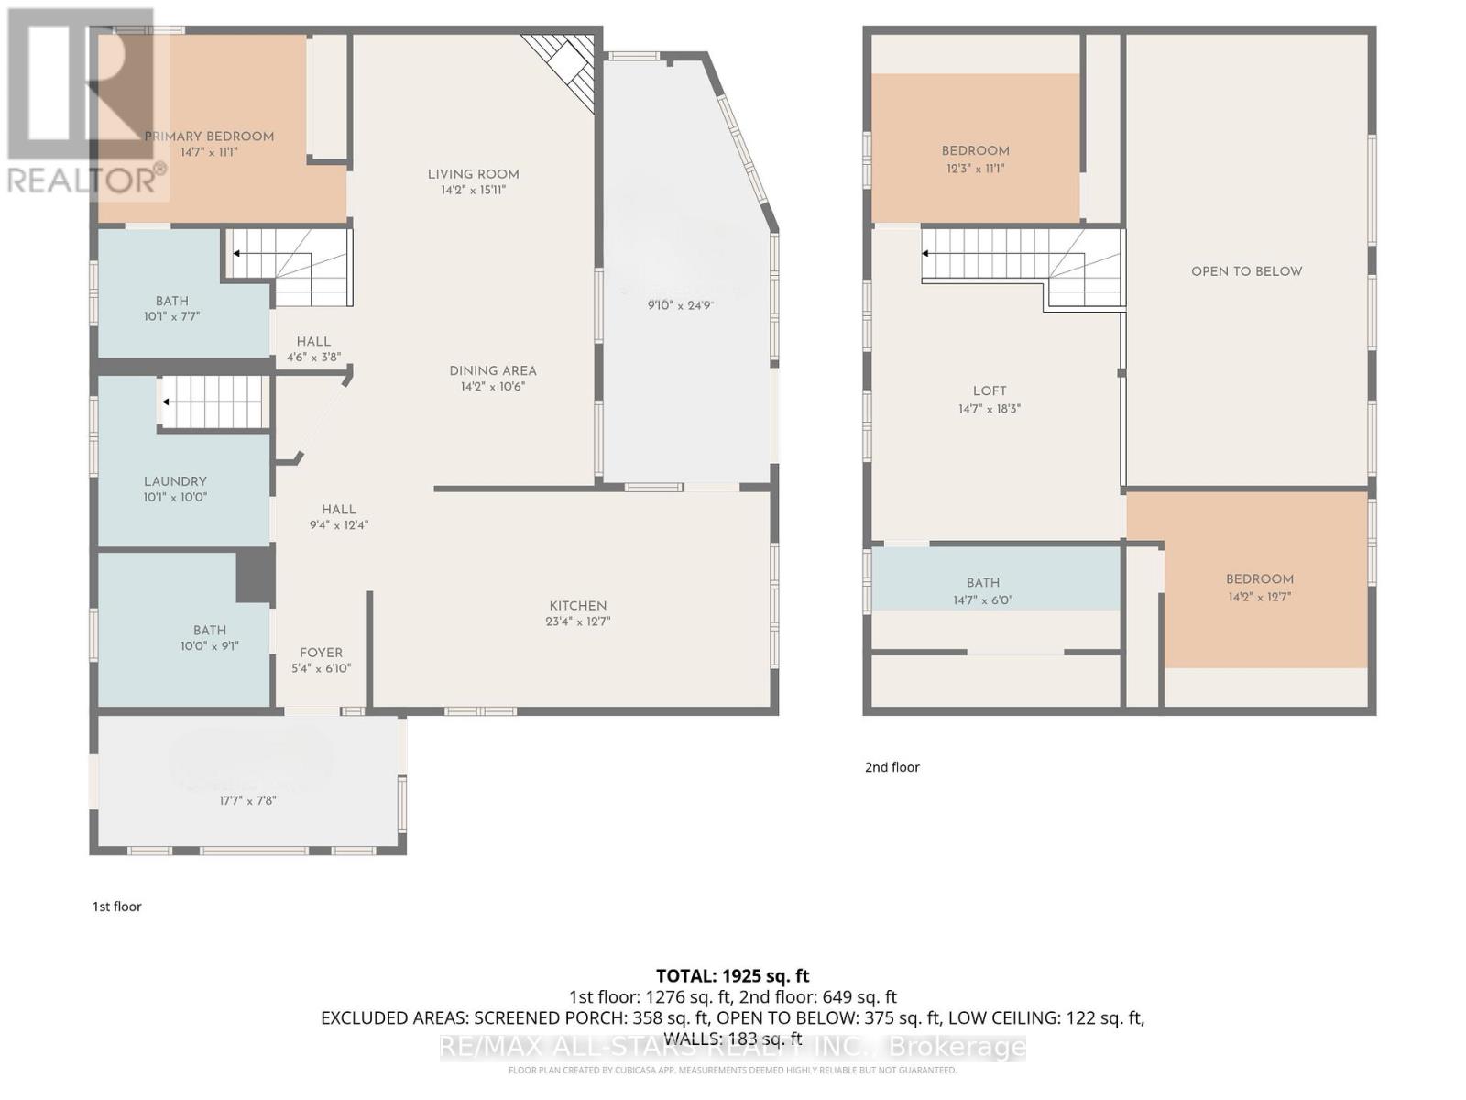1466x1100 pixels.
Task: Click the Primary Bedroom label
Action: tap(209, 137)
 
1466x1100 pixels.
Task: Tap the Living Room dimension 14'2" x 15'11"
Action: tap(473, 190)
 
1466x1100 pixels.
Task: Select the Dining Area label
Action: tap(493, 370)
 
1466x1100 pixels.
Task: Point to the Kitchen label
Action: tap(578, 605)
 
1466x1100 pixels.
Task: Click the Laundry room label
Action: tap(175, 481)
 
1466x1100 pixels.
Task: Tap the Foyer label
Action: tap(321, 653)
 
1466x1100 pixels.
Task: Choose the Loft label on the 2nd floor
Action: tap(990, 390)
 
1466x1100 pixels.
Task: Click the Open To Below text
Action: tap(1246, 271)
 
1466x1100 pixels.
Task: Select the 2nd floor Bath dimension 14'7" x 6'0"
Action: tap(983, 600)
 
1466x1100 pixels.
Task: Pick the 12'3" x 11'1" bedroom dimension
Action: tap(975, 169)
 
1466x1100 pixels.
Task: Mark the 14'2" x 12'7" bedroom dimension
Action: tap(1260, 597)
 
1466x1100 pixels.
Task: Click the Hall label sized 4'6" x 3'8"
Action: tap(313, 341)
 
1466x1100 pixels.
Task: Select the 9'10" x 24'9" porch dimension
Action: tap(680, 306)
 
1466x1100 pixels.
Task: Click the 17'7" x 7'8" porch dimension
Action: tap(247, 800)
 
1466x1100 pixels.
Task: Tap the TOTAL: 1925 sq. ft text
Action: tap(732, 976)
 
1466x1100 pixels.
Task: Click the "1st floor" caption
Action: tap(116, 907)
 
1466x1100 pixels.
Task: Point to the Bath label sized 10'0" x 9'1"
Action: tap(210, 630)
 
